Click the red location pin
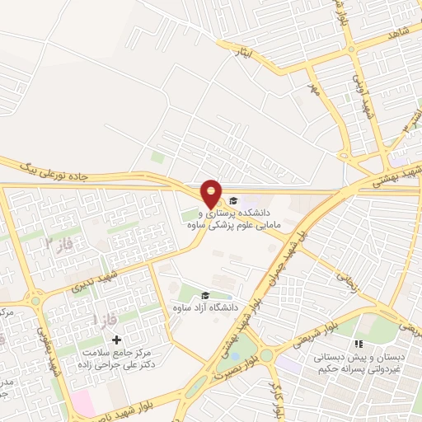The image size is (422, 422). (212, 194)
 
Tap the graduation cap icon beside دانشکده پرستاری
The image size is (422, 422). (233, 201)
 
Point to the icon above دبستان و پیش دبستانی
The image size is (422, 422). (358, 344)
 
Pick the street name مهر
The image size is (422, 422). (312, 87)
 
